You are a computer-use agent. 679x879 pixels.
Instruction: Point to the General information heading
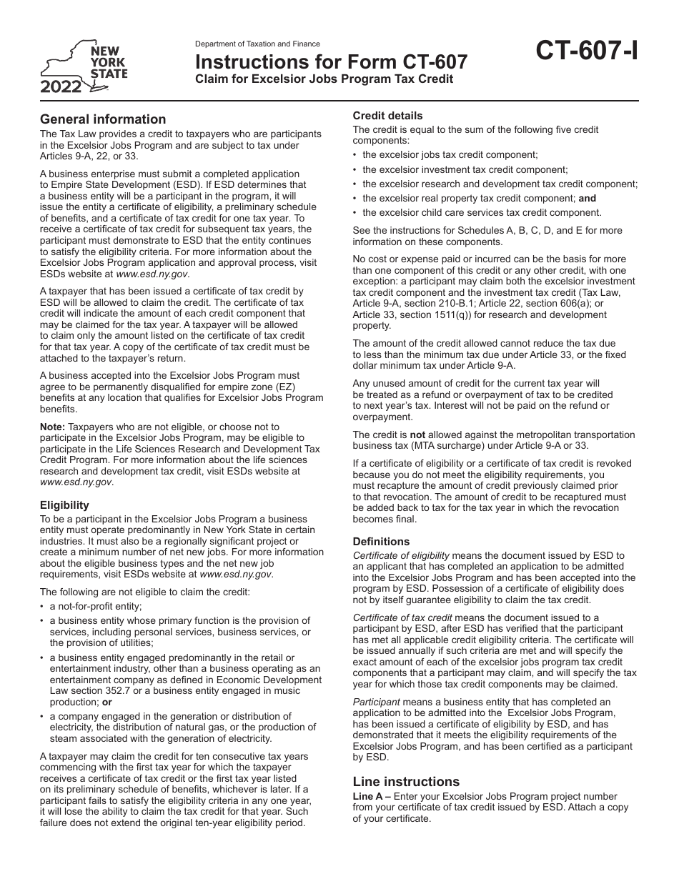103,119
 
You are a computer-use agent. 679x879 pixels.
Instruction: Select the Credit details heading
388,116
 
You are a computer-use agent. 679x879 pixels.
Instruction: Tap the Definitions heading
381,542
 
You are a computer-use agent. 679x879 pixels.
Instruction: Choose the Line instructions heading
406,782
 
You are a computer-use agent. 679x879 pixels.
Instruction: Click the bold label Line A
367,796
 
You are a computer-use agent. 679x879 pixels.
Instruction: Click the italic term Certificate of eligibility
401,555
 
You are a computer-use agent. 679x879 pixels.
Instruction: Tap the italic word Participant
376,702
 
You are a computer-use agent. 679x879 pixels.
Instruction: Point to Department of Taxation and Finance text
257,44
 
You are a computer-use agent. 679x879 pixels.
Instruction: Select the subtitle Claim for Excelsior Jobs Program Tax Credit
324,79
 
